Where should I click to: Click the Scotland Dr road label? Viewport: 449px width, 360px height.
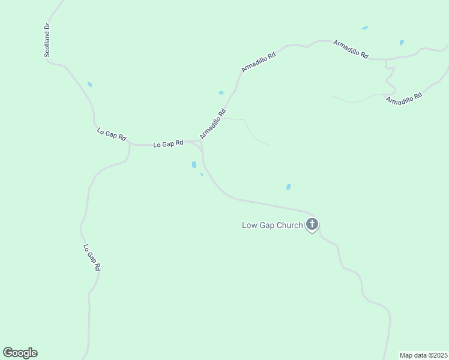[47, 41]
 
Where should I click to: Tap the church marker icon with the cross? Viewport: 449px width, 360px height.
[312, 225]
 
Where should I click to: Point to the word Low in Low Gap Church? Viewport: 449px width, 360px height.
[249, 226]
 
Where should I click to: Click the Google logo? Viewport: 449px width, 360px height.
[20, 353]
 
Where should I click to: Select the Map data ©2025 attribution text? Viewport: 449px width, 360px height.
[423, 355]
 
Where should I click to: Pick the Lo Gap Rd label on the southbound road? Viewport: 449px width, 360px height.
[91, 257]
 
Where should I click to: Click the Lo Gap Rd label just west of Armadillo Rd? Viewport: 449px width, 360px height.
[168, 144]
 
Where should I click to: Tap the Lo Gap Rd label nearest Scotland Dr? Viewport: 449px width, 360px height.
[112, 134]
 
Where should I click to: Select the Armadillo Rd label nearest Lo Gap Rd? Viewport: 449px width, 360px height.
[213, 124]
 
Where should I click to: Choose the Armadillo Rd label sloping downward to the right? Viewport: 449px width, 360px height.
[351, 49]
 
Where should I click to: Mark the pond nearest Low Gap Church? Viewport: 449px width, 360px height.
[289, 187]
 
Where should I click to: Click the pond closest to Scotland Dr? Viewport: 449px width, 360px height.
[90, 85]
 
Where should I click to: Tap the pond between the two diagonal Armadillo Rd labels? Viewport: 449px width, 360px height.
[221, 92]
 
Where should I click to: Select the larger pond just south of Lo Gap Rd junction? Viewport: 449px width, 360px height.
[194, 164]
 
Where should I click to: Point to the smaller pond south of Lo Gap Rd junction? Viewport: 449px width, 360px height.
[202, 175]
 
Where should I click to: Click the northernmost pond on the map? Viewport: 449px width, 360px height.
[364, 28]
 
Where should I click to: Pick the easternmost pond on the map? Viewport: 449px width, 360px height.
[402, 43]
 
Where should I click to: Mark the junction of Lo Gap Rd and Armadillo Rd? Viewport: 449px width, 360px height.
[200, 142]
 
